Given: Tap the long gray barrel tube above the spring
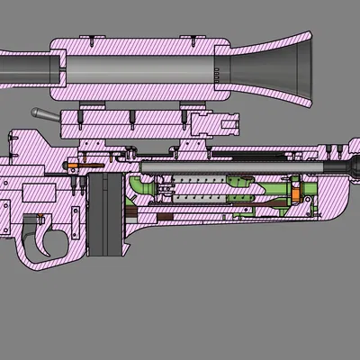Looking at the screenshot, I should click(x=234, y=167).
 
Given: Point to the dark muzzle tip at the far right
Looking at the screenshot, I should click(x=346, y=166).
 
